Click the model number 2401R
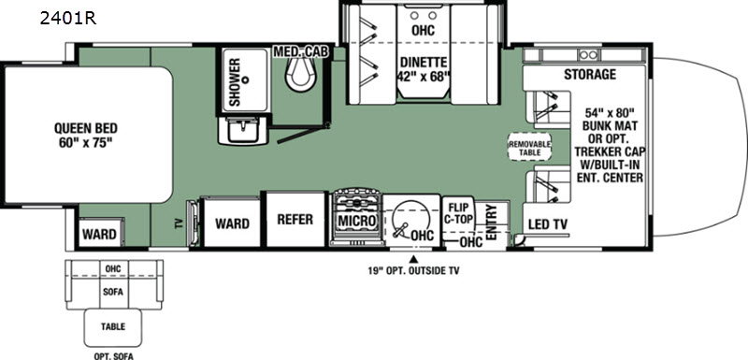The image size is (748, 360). point(68,18)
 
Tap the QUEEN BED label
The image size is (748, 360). point(86,129)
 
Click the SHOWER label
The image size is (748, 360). point(235,82)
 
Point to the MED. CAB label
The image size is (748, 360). point(300,51)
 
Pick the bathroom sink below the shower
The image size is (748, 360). point(243,130)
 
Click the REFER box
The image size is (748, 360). point(295,220)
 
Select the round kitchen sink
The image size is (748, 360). point(410,219)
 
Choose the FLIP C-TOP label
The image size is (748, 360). point(458,213)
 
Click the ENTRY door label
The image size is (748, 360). point(492,223)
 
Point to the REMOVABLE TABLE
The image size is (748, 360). point(529,148)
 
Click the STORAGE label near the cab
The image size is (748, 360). point(590,75)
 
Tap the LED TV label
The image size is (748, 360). point(546,223)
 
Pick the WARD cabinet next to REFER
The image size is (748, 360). point(232,223)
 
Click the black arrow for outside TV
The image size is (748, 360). point(414,260)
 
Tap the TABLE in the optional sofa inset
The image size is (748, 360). point(113,327)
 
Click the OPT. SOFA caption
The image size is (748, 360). point(113,356)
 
